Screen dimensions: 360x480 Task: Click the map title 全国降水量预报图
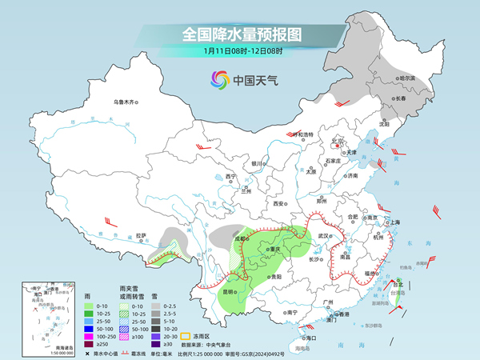(241, 34)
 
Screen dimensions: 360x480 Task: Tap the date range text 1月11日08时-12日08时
(241, 52)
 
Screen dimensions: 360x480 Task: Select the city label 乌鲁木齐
(125, 102)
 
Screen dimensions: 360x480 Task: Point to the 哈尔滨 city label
(407, 78)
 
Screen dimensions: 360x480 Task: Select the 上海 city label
(394, 222)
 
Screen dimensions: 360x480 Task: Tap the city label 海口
(311, 338)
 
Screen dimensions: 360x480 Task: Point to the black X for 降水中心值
(86, 352)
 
